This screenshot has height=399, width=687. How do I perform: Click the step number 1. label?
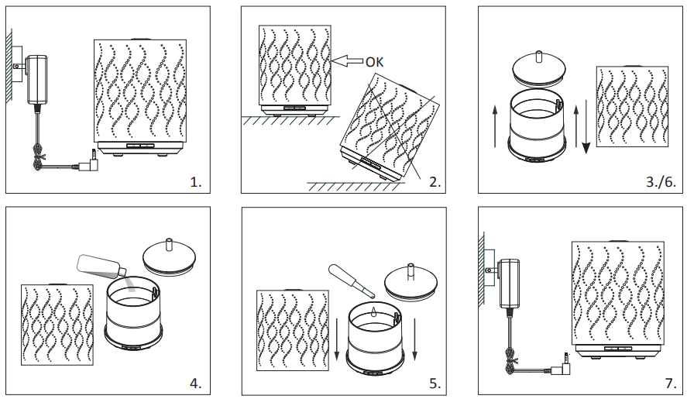click(x=196, y=182)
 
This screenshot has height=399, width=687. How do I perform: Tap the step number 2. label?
click(x=435, y=182)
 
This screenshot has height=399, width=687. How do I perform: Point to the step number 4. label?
click(x=196, y=383)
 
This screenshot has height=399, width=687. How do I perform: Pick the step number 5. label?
click(x=435, y=383)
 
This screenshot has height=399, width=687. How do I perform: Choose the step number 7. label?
click(x=671, y=383)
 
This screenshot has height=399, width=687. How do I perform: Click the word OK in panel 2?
click(x=375, y=62)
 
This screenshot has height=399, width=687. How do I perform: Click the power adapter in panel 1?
click(x=37, y=79)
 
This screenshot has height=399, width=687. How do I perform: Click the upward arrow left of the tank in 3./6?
click(x=495, y=126)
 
